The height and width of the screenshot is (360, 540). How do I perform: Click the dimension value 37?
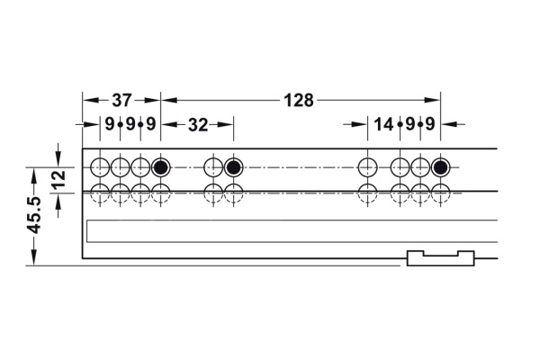coord(121,100)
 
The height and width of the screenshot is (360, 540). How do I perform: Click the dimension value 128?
coord(299,101)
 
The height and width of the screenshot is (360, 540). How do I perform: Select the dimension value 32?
coord(198,125)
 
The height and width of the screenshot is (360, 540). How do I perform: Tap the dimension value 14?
coord(383,124)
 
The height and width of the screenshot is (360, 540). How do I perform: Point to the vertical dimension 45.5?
coord(34,214)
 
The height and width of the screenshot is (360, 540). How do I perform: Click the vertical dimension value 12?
coord(58,178)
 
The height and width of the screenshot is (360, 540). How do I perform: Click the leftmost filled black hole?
coord(160,167)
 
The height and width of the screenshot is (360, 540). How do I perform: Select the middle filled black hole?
coord(233,167)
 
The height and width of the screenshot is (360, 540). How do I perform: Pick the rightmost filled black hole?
coord(440,167)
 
